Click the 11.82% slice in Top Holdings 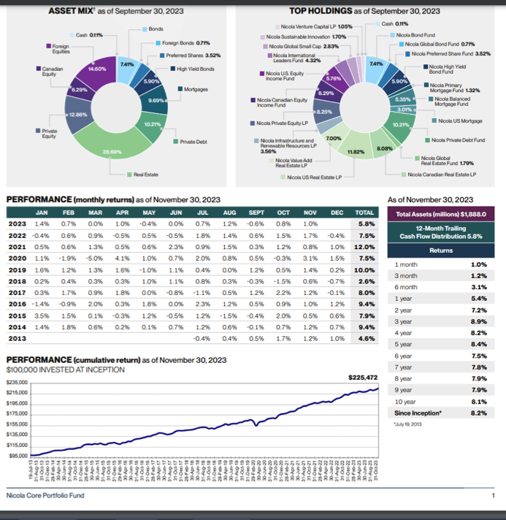(356, 151)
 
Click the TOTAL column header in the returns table (364, 213)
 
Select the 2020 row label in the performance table (18, 258)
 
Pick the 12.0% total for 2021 (364, 246)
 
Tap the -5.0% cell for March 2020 (94, 258)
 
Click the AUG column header (229, 213)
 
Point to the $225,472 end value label (363, 378)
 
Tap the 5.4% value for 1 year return (478, 298)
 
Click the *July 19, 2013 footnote (405, 424)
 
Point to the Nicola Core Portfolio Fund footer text (45, 495)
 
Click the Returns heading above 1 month (441, 250)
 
